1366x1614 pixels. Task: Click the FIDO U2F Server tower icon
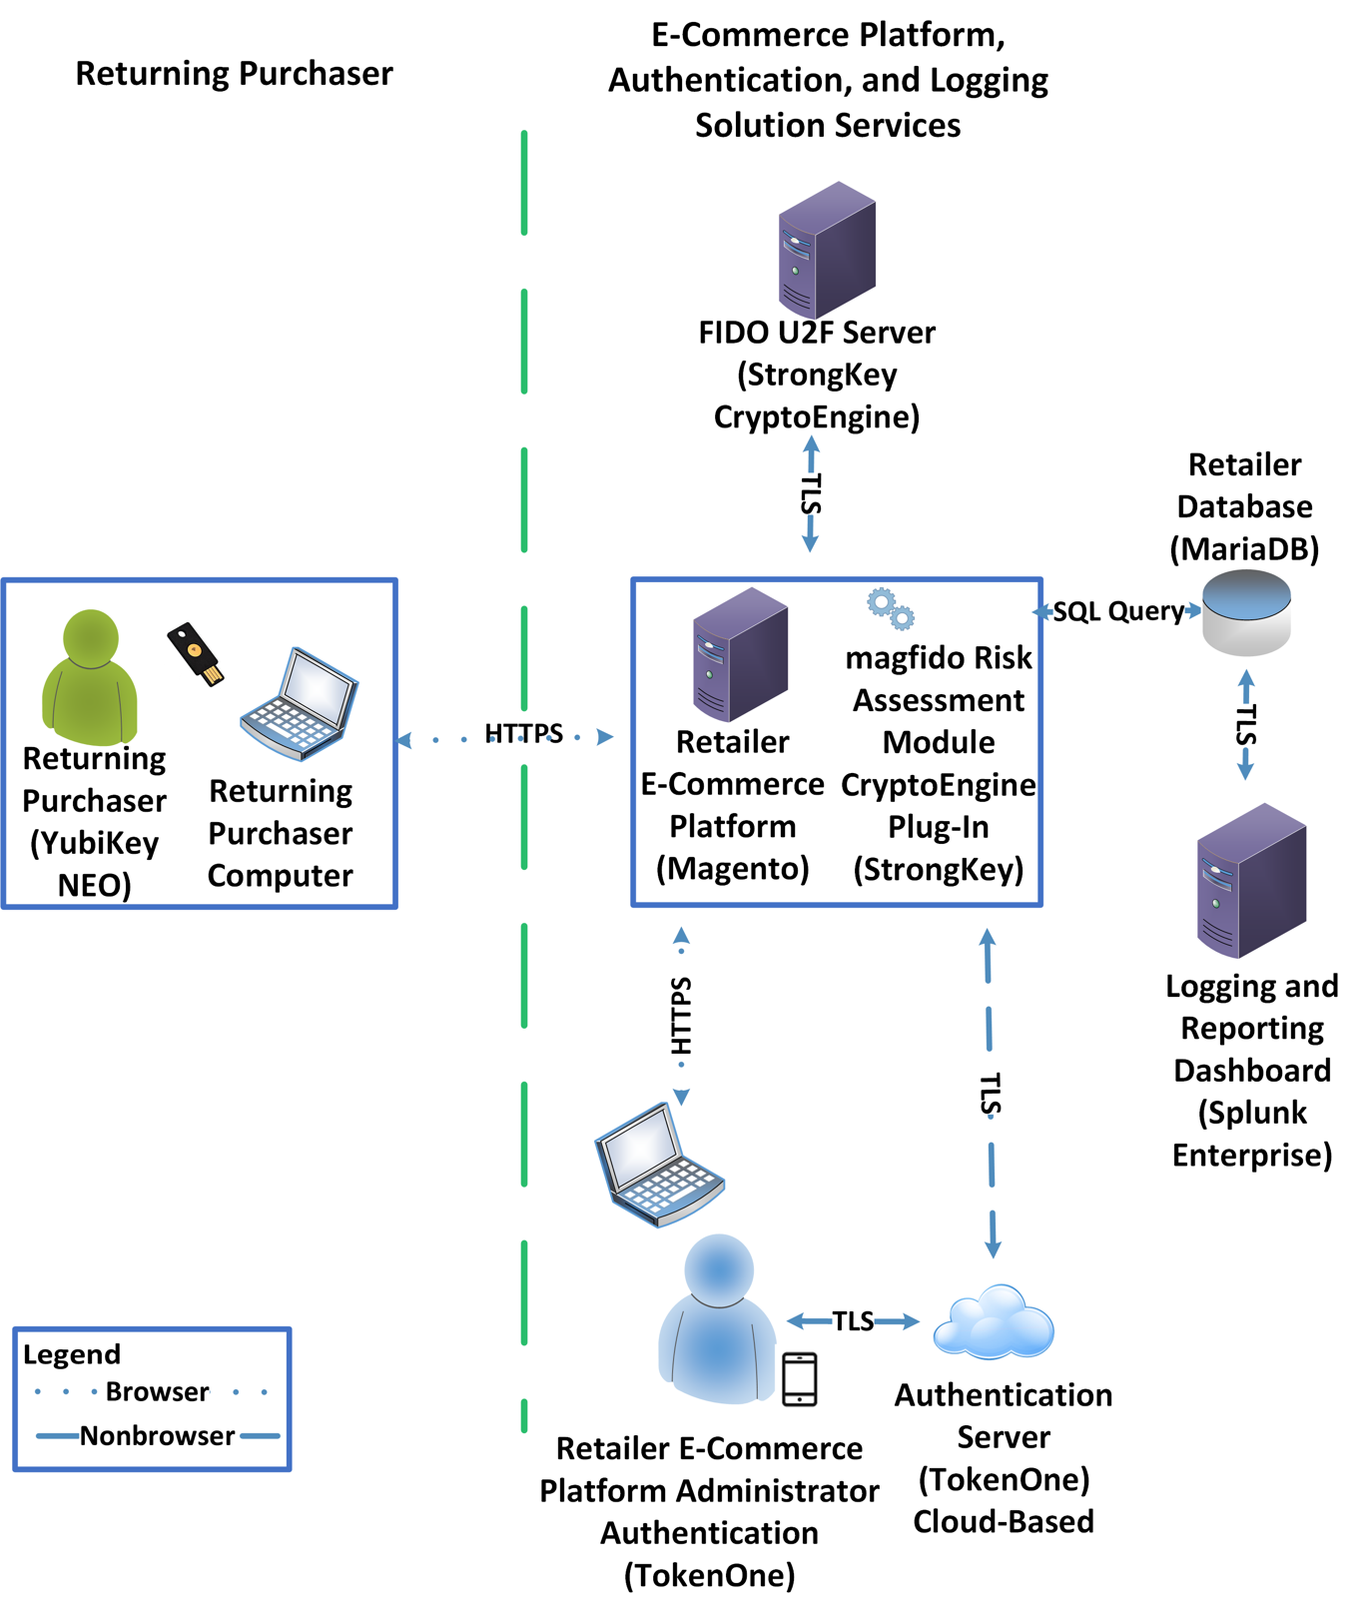pos(827,250)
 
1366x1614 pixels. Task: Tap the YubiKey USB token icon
pos(196,654)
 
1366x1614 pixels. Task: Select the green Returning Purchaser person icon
pos(90,677)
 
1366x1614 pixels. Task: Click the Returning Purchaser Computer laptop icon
pos(299,704)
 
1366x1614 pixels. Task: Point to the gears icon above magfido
pos(891,608)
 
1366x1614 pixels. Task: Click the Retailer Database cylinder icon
pos(1246,612)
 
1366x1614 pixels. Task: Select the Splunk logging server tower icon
pos(1251,880)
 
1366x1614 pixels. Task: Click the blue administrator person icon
pos(717,1319)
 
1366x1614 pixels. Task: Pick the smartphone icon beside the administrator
pos(800,1379)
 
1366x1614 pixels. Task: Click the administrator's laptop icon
pos(659,1165)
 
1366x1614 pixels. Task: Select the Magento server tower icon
pos(741,654)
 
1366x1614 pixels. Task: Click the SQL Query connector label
pos(1118,611)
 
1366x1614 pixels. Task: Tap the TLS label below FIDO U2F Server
pos(811,494)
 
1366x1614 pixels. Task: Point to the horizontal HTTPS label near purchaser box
pos(523,734)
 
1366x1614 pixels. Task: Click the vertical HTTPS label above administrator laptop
pos(681,1017)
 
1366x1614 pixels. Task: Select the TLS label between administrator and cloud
pos(853,1321)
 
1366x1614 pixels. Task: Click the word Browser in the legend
pos(158,1391)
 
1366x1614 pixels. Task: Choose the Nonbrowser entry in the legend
pos(158,1435)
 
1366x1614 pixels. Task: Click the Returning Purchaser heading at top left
pos(235,74)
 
